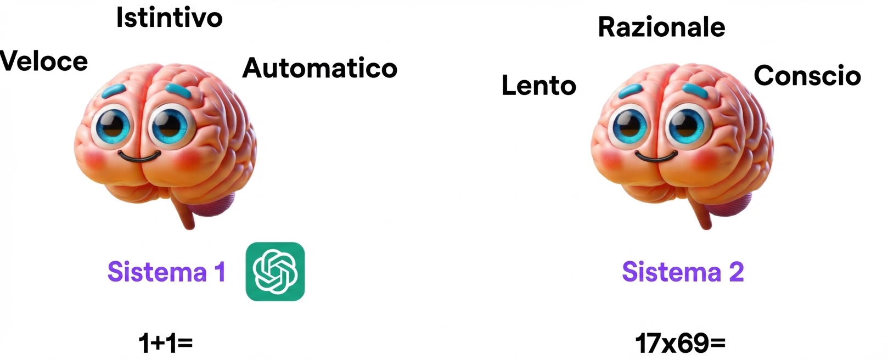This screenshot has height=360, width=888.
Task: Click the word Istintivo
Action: click(169, 18)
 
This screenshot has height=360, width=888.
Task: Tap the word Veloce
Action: click(44, 61)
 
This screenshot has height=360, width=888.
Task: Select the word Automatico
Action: click(320, 68)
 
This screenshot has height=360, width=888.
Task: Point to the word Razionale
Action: click(661, 27)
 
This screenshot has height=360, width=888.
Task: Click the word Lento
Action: click(539, 86)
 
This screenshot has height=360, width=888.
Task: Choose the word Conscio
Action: click(807, 76)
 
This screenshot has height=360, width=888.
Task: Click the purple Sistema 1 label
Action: click(166, 272)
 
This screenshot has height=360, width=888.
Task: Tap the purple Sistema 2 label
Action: click(683, 272)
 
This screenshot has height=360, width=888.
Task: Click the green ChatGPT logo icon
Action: click(275, 272)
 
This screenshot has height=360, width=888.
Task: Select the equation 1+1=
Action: click(165, 344)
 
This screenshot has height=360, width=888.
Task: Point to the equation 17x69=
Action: click(680, 344)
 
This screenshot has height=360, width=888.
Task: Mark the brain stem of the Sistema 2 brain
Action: click(702, 214)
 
